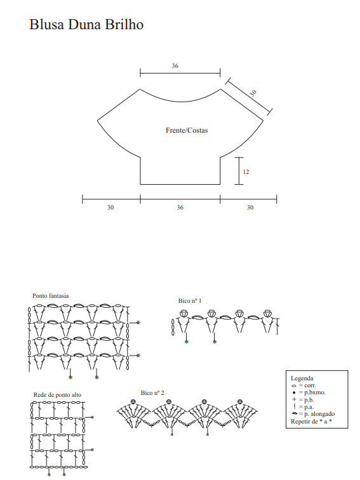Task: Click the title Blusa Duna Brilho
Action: click(x=86, y=25)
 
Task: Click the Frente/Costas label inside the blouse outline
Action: click(x=187, y=130)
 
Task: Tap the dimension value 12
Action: click(x=246, y=171)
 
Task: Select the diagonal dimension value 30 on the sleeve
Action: click(x=253, y=93)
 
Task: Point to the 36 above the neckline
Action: click(x=175, y=66)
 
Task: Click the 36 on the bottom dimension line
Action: click(x=180, y=208)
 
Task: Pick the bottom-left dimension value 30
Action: click(x=110, y=208)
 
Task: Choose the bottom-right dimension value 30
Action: click(x=250, y=208)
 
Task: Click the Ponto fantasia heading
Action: click(x=51, y=296)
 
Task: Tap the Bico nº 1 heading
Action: click(x=190, y=300)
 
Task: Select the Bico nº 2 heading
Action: click(x=152, y=393)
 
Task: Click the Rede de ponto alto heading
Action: click(x=58, y=395)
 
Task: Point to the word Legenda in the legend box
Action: click(x=302, y=378)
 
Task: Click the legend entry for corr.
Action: click(x=303, y=385)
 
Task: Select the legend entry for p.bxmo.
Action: click(x=309, y=392)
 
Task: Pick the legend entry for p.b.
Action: click(x=303, y=400)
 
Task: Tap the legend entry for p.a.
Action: click(x=303, y=407)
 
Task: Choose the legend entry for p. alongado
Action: click(x=313, y=414)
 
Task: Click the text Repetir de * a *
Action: click(x=311, y=421)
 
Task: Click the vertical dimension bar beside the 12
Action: click(x=239, y=171)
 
